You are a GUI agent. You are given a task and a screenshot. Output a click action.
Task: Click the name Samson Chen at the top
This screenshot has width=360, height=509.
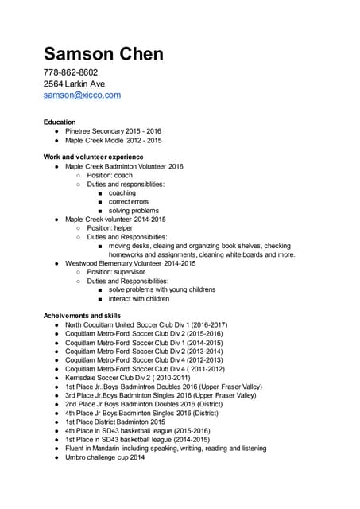point(103,54)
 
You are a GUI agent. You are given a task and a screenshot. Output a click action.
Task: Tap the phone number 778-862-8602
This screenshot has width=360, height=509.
point(71,73)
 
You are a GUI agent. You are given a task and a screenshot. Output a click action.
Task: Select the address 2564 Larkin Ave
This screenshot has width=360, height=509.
point(74,84)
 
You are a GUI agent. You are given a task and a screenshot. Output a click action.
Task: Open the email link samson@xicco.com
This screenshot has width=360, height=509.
point(82,95)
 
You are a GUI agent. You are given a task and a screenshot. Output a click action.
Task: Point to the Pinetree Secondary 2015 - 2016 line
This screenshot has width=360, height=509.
point(113,131)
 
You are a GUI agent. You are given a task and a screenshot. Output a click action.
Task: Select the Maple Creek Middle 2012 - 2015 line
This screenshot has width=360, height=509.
point(113,141)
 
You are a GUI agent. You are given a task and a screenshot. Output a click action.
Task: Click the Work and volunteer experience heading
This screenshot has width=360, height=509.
point(93,157)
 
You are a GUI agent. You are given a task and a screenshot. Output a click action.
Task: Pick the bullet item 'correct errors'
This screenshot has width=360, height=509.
point(129,202)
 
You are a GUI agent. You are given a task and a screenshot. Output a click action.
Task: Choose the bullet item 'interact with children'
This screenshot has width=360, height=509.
point(139,299)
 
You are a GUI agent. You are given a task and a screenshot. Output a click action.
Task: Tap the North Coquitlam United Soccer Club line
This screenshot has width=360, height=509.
point(146,325)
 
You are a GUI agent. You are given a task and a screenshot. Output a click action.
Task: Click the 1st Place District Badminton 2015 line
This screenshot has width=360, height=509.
point(114,422)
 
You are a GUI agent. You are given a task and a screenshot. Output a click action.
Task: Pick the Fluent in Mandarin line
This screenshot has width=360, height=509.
point(165,449)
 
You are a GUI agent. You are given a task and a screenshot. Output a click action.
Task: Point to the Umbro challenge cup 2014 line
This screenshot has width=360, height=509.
point(105,457)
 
